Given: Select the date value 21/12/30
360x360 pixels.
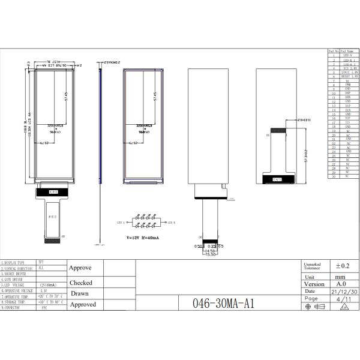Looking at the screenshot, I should (340, 291).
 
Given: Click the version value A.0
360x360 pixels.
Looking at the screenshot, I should (340, 284).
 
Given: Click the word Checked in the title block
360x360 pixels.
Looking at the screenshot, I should (81, 282).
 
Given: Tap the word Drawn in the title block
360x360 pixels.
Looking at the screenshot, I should (79, 293).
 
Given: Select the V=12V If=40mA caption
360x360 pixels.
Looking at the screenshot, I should (143, 238).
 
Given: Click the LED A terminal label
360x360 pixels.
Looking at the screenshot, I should (119, 223).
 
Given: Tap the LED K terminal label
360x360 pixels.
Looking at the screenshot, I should (170, 223).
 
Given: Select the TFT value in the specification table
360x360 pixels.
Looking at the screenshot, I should (41, 263).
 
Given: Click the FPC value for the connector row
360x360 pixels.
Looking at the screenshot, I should (44, 308).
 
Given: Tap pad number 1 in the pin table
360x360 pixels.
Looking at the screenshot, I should (333, 55).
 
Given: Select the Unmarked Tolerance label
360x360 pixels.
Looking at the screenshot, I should (312, 266).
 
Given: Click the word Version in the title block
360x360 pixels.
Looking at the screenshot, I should (314, 284).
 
